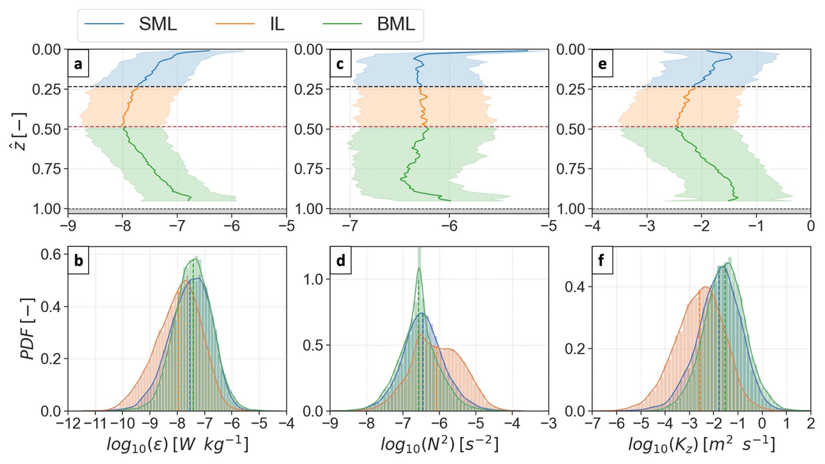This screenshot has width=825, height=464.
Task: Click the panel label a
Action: pos(78,65)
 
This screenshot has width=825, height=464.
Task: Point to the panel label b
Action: pos(78,261)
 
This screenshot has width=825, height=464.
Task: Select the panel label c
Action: pos(341,65)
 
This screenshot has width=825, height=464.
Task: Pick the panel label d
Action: pos(341,261)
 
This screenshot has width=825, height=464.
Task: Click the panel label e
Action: pos(603,65)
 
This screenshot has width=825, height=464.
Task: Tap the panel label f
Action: pos(602,261)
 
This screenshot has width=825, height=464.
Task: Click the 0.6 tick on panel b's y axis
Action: pos(51,254)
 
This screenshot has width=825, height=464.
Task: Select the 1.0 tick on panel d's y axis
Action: pos(313,280)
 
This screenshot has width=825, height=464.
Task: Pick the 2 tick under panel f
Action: pos(811,423)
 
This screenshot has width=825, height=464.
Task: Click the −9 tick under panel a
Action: pos(64,226)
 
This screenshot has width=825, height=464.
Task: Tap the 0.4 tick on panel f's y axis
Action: pos(575,287)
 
